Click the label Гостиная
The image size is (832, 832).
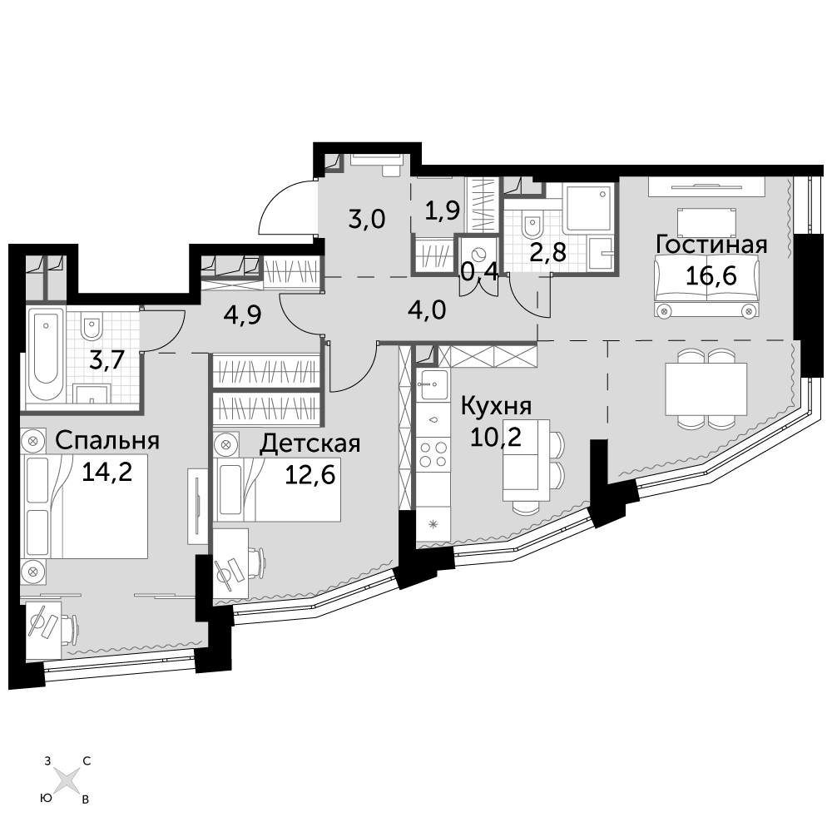click(x=711, y=245)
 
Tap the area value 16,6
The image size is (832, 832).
click(x=711, y=275)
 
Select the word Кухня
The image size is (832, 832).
click(x=496, y=407)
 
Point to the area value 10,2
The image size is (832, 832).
click(x=496, y=438)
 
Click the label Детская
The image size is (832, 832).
click(x=310, y=443)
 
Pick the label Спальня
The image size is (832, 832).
click(x=107, y=440)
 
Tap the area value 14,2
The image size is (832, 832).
click(x=106, y=472)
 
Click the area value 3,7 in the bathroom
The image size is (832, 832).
click(x=106, y=361)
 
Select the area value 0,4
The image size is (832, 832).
click(x=480, y=272)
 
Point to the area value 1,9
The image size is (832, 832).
click(x=442, y=210)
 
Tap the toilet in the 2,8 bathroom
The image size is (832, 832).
click(x=531, y=226)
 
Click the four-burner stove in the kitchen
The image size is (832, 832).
click(x=433, y=453)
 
